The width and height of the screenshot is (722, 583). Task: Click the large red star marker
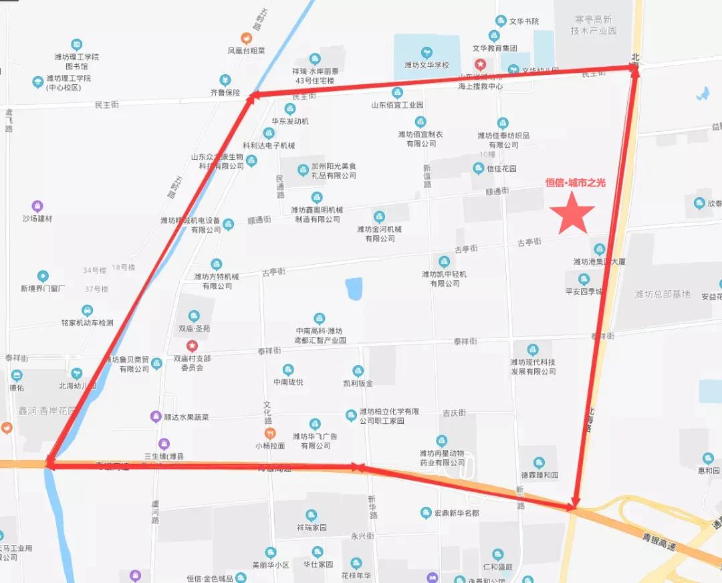coord(572,213)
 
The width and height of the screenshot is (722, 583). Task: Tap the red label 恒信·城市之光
coord(575,183)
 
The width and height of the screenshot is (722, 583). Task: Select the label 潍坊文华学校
coord(427,66)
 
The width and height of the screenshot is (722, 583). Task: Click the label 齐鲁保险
coord(225,93)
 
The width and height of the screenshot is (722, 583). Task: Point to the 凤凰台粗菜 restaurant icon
coord(247,38)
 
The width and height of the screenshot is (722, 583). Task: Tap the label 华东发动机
coord(290,122)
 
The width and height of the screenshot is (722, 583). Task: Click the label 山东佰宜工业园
coord(397,105)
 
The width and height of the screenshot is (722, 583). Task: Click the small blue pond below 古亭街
coord(354,289)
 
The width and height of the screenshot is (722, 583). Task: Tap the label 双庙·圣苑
coord(194,329)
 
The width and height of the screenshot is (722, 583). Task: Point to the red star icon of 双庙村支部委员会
coord(193,346)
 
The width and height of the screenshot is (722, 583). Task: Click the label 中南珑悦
coord(288,382)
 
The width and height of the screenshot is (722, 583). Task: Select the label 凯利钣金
coord(358,383)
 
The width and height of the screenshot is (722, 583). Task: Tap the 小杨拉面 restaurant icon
coord(270,433)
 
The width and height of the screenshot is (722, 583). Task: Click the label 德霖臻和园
coord(539,475)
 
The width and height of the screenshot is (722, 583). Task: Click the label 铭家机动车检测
coord(87,323)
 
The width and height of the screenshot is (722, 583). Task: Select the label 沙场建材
coord(37,219)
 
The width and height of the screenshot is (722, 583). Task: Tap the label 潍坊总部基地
coord(663,294)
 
